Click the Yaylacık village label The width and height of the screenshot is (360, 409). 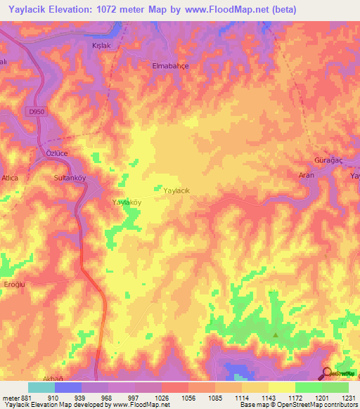[x=176, y=190]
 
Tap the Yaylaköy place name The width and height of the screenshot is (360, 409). [x=127, y=202]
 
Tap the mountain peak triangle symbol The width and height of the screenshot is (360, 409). [x=276, y=334]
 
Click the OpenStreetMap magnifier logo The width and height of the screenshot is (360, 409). [x=328, y=373]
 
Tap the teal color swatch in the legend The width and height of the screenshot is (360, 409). [x=41, y=387]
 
